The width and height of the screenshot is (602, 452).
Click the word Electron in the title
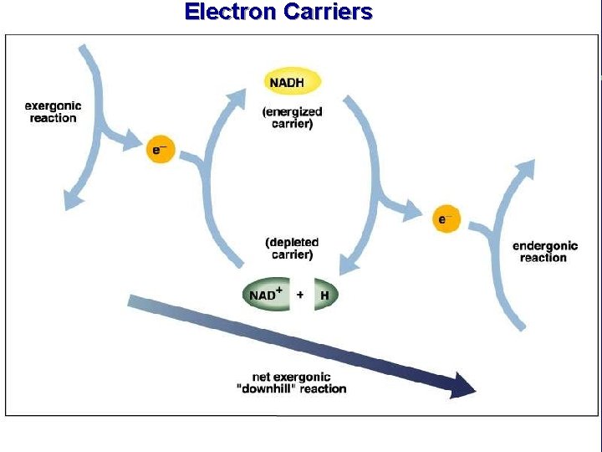pyautogui.click(x=231, y=12)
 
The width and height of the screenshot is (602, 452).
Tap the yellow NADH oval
pyautogui.click(x=293, y=82)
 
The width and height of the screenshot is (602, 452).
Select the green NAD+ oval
pyautogui.click(x=266, y=295)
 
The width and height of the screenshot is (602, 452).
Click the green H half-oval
pyautogui.click(x=325, y=295)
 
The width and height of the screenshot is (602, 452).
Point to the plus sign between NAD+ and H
pyautogui.click(x=300, y=295)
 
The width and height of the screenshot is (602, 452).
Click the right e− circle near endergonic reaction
pyautogui.click(x=447, y=219)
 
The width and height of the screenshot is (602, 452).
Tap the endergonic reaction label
pyautogui.click(x=544, y=251)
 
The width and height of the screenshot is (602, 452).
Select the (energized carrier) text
pyautogui.click(x=292, y=117)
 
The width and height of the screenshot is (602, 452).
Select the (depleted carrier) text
pyautogui.click(x=292, y=248)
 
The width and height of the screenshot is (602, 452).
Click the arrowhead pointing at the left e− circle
pyautogui.click(x=134, y=141)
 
